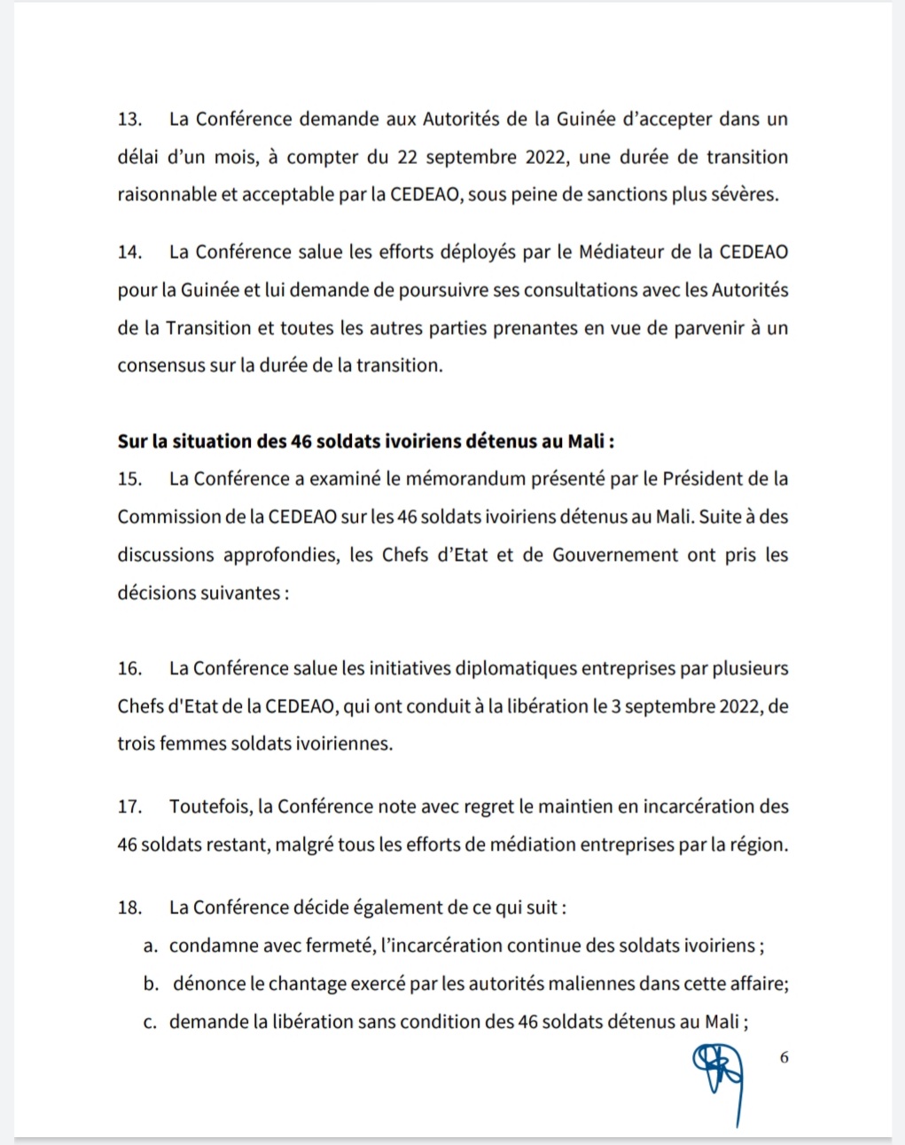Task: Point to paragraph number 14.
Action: pyautogui.click(x=129, y=252)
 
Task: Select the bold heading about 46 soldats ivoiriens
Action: pyautogui.click(x=365, y=441)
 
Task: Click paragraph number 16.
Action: pyautogui.click(x=129, y=669)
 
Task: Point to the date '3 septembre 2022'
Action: pyautogui.click(x=686, y=707)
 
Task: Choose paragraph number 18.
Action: pyautogui.click(x=129, y=908)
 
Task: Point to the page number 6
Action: pyautogui.click(x=784, y=1057)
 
